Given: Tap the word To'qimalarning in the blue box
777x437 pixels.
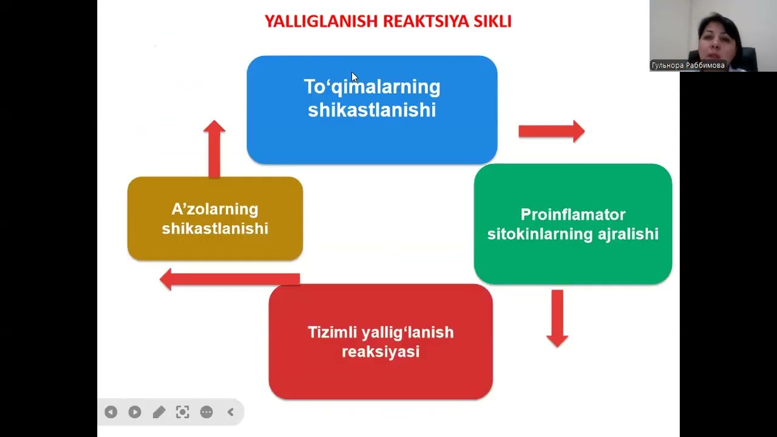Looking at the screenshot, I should [372, 87].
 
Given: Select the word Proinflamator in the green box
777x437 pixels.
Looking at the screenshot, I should [572, 215].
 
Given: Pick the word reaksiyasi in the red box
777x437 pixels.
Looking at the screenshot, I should [381, 352].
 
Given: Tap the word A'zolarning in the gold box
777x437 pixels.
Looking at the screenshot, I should [215, 209].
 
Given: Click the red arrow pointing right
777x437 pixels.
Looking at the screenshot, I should [551, 131].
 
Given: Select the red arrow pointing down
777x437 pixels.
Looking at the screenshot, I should [557, 317].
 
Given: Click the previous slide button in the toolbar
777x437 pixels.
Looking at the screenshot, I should [110, 412].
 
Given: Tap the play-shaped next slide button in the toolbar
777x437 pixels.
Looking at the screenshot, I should [135, 412].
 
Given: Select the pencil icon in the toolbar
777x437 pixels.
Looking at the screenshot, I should [158, 412].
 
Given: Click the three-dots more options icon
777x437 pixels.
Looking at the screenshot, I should [206, 412].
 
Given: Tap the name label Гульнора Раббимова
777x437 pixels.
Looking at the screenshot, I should [688, 65].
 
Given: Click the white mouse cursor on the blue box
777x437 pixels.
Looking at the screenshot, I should [355, 77].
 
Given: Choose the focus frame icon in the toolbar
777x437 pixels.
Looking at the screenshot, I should [182, 412].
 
